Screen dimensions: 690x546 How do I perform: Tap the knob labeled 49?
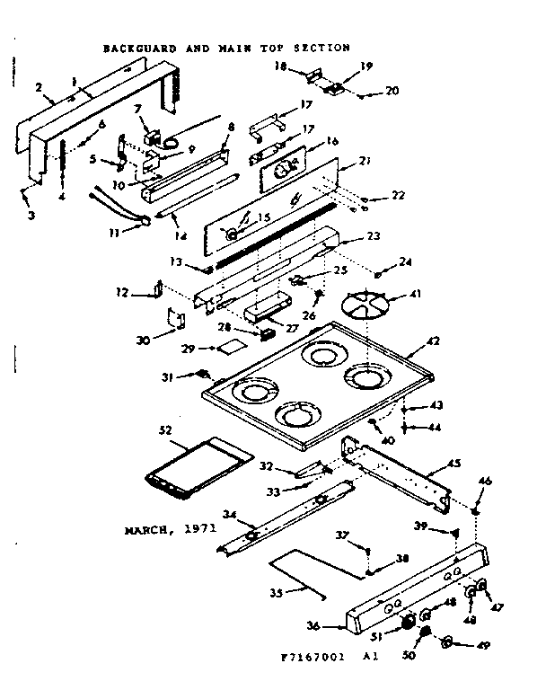[449, 642]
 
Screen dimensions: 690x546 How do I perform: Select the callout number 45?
[455, 464]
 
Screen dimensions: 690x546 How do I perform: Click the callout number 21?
[365, 161]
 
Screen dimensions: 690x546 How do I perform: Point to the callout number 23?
[374, 236]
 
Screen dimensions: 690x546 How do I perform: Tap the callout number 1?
[75, 78]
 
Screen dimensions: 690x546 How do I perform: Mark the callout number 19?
[341, 66]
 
